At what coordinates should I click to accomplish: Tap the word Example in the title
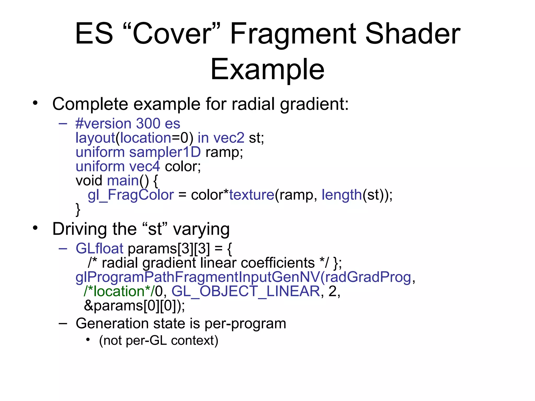point(267,69)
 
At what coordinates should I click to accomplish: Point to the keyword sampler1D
point(165,152)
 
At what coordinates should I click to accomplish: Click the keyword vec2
point(229,138)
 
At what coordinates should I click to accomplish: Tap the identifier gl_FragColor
point(131,195)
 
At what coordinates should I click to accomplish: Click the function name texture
point(252,195)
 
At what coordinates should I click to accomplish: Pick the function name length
point(341,195)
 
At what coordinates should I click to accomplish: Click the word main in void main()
point(123,181)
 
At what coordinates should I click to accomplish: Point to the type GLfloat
point(99,248)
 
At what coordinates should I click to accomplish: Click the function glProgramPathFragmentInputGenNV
point(197,277)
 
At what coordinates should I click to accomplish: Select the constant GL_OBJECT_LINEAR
point(246,291)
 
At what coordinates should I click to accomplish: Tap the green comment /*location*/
point(119,291)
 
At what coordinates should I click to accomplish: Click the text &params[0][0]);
point(134,306)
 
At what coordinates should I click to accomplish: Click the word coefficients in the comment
point(278,263)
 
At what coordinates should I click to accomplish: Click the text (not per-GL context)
point(159,340)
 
